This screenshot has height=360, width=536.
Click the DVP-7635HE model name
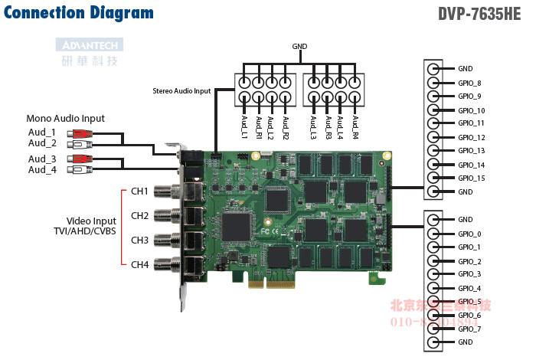(x=485, y=13)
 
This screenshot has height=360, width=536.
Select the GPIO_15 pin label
(x=471, y=178)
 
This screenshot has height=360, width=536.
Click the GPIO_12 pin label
(x=471, y=137)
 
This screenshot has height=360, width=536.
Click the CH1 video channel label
(x=139, y=191)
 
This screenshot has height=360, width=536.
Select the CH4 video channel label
(x=139, y=265)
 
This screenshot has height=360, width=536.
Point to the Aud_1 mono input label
(x=43, y=133)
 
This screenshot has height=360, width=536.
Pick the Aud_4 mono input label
(x=43, y=169)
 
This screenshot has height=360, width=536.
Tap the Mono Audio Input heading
(x=66, y=118)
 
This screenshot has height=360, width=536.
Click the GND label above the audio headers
(x=299, y=47)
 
